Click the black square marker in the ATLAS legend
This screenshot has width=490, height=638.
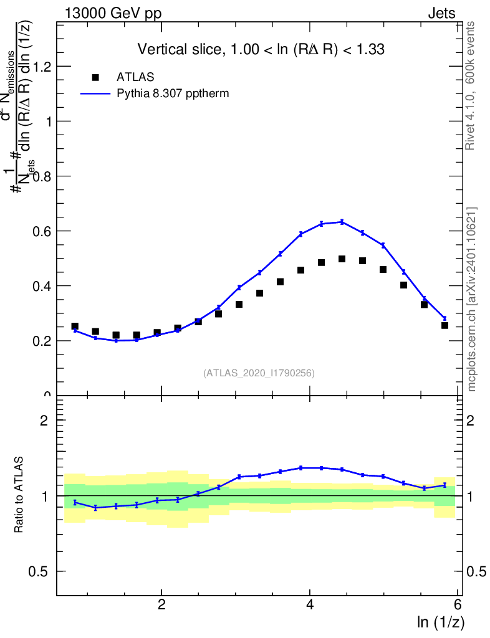coord(95,77)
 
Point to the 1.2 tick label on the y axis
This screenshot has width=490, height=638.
coord(42,67)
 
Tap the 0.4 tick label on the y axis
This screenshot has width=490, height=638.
coord(42,286)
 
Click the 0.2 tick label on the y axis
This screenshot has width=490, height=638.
coord(42,341)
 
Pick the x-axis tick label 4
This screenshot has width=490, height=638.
coord(310,605)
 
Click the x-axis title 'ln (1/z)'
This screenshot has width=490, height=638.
coord(440,622)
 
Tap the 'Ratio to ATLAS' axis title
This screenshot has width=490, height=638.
coord(20,495)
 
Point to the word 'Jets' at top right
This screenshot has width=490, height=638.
coord(441,14)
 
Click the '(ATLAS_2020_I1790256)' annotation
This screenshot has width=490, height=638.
coord(259,373)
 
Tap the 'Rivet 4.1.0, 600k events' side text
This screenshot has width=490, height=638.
coord(471,85)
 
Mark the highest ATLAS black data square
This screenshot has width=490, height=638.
coord(342,259)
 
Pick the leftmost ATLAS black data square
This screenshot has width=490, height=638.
coord(75,326)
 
